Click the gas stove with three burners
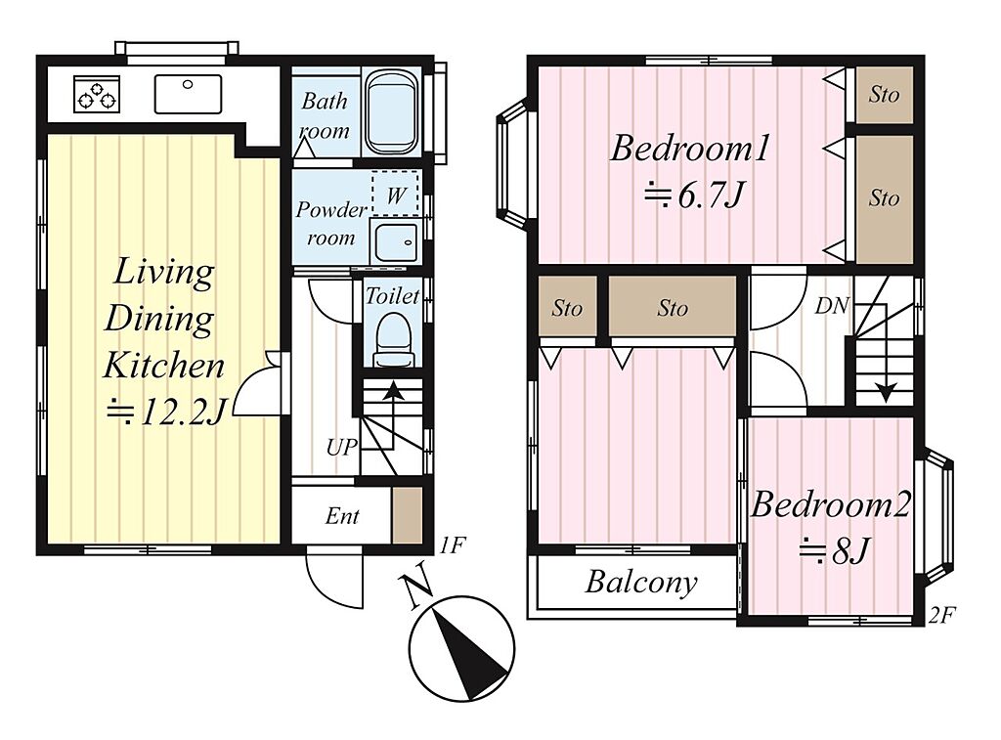click(x=97, y=94)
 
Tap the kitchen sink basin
click(x=188, y=94)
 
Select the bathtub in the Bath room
click(x=393, y=112)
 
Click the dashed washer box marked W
click(x=395, y=194)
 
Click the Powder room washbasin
click(x=395, y=242)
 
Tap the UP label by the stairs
click(x=341, y=448)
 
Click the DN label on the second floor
click(x=832, y=306)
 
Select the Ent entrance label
click(x=342, y=516)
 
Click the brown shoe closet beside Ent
click(x=407, y=515)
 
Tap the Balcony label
click(x=641, y=583)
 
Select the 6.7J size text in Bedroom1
click(x=695, y=195)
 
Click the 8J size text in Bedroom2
click(x=835, y=550)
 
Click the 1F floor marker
click(x=453, y=545)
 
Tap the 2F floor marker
click(x=941, y=615)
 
